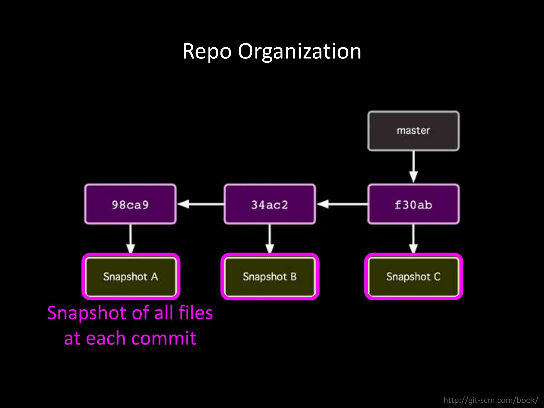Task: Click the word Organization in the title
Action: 299,52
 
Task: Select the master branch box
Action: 413,131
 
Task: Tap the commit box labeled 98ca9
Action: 130,204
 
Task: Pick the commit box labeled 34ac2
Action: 270,204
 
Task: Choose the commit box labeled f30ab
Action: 413,204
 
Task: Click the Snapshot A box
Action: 131,277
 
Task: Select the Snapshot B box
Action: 270,277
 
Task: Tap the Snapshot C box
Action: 413,277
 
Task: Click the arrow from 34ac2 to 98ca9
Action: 201,204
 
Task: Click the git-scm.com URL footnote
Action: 491,400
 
